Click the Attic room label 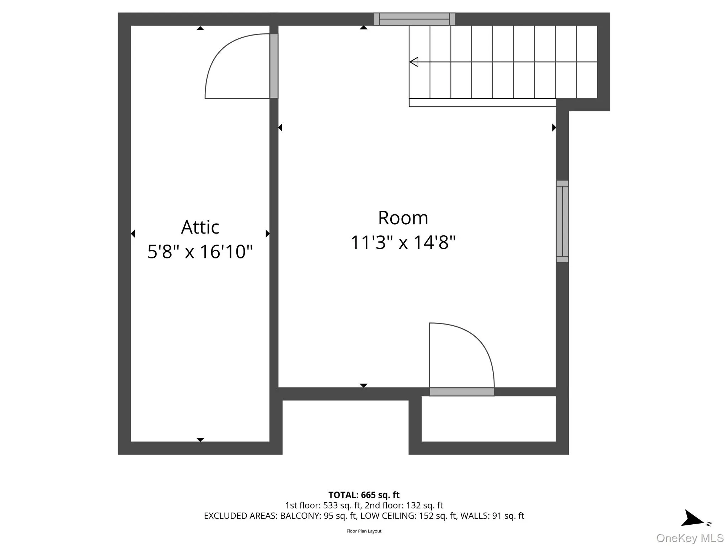tap(200, 227)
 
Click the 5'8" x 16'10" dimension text tap(200, 252)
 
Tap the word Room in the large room tap(403, 218)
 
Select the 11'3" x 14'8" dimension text tap(403, 242)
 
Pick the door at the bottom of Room tap(461, 392)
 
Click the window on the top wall tap(414, 19)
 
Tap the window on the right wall tap(562, 221)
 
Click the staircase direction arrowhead tap(414, 62)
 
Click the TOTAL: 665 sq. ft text tap(364, 495)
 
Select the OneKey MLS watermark tap(690, 538)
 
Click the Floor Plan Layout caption tap(364, 531)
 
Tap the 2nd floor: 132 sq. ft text tap(403, 505)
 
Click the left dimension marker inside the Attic tap(133, 234)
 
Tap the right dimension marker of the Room tap(554, 127)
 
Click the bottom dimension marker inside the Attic tap(200, 440)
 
